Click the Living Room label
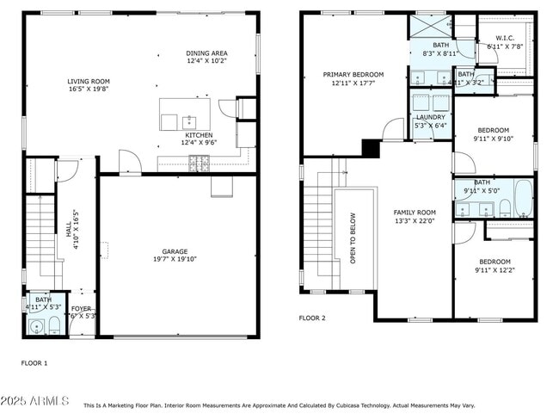pyautogui.click(x=89, y=82)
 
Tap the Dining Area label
pyautogui.click(x=207, y=52)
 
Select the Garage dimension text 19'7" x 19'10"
pyautogui.click(x=175, y=258)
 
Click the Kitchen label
pyautogui.click(x=199, y=135)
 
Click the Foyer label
pyautogui.click(x=81, y=308)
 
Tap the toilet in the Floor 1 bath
pyautogui.click(x=53, y=325)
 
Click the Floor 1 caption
pyautogui.click(x=34, y=363)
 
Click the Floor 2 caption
pyautogui.click(x=312, y=318)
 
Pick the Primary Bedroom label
pyautogui.click(x=353, y=75)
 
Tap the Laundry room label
pyautogui.click(x=430, y=117)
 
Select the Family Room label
pyautogui.click(x=415, y=212)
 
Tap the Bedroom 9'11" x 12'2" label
pyautogui.click(x=494, y=262)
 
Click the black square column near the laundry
pyautogui.click(x=371, y=149)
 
